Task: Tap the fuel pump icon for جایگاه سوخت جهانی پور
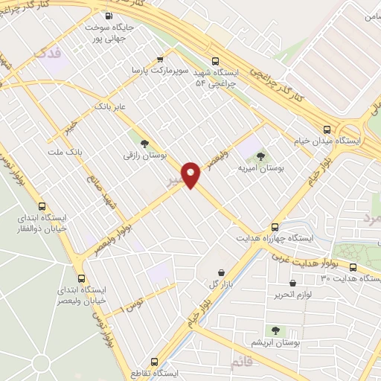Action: [109, 16]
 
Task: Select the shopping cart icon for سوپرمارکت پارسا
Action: [160, 58]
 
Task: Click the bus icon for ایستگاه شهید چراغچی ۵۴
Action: [216, 62]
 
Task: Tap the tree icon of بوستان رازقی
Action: [144, 144]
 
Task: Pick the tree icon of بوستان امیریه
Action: [260, 156]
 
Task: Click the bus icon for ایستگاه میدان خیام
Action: [328, 128]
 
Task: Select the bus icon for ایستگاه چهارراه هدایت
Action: [275, 227]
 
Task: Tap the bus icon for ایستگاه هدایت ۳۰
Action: [352, 268]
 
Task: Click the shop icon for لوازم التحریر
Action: [292, 284]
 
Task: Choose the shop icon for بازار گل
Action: [221, 274]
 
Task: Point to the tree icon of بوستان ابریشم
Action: [275, 330]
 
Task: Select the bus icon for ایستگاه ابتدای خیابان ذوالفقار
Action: [41, 206]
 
